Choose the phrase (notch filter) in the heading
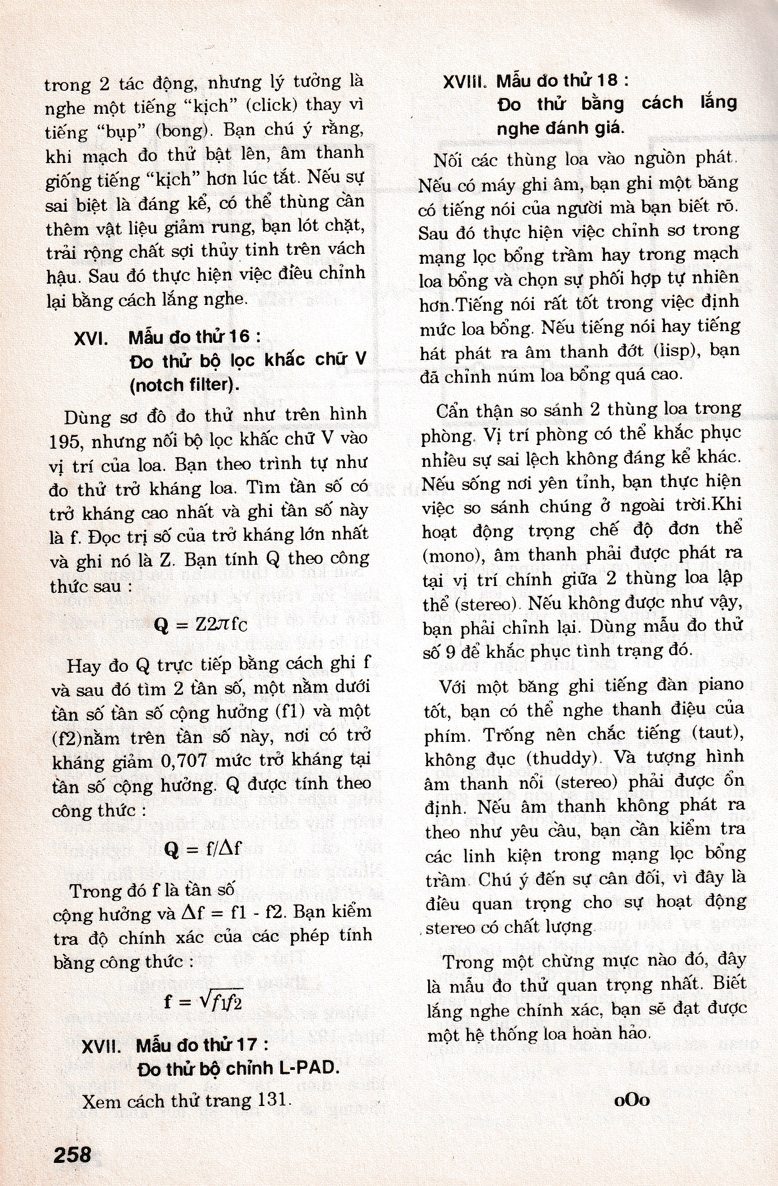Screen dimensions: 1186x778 tap(184, 385)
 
